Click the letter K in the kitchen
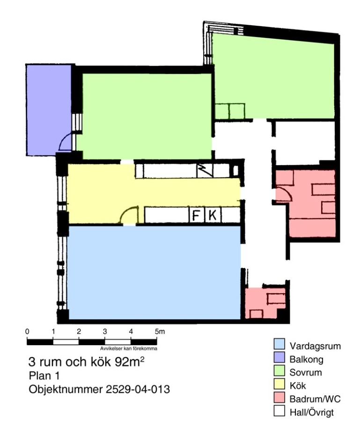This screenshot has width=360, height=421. pos(213,215)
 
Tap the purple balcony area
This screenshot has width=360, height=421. pos(48,109)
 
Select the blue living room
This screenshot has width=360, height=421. pos(154,273)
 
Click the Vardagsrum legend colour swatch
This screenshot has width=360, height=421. pos(279,344)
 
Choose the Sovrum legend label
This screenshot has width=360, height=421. pos(306,372)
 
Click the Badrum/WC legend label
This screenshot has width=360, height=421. pos(315,399)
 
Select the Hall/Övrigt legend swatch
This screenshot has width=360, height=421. pos(279,411)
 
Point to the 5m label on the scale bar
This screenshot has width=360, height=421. pos(160,332)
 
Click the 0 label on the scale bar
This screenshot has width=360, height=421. pos(27,332)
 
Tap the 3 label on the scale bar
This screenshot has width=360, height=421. pos(105,332)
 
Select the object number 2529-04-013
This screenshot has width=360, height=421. pos(138,389)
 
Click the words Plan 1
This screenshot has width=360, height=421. pos(44,376)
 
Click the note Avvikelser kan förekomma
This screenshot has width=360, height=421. pos(129,348)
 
